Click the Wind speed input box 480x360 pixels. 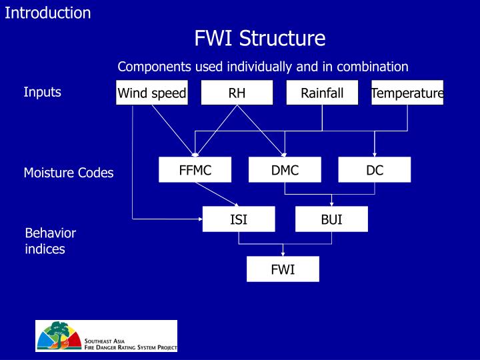tap(151, 93)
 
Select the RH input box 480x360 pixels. tap(237, 93)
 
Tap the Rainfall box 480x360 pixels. tap(322, 93)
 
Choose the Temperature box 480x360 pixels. tap(407, 93)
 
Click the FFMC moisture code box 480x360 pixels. tap(195, 170)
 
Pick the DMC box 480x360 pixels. tap(285, 170)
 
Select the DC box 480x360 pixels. tap(375, 170)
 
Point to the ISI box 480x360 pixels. tap(239, 219)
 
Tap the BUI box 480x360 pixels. tap(331, 219)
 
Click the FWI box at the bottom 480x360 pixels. tap(283, 269)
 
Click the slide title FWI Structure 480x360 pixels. tap(259, 38)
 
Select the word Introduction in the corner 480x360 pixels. tap(48, 13)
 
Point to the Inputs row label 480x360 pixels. tap(43, 92)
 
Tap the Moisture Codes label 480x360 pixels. tap(69, 173)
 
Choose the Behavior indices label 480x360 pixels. tap(51, 241)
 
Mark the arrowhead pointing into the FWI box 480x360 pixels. tap(283, 254)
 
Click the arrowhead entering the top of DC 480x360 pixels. tap(375, 155)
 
